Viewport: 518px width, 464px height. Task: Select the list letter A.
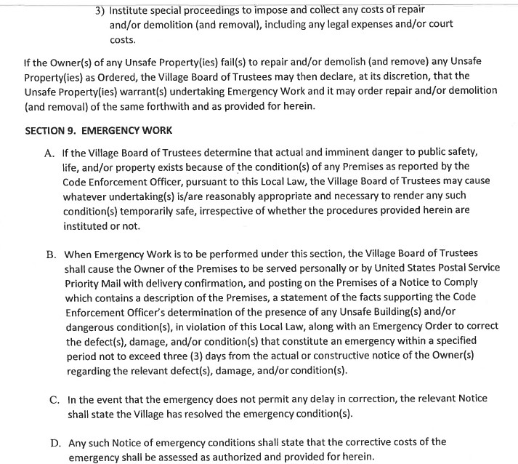[52, 152]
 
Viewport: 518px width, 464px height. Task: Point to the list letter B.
[52, 255]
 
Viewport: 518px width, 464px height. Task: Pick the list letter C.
[52, 399]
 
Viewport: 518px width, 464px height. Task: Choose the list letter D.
[52, 442]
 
